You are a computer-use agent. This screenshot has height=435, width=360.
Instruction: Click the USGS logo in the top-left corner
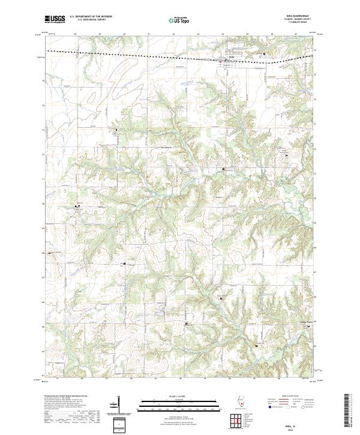pos(55,20)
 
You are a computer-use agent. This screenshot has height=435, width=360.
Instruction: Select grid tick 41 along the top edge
pos(148,34)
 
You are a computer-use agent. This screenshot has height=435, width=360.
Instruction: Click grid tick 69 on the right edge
pos(317,221)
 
